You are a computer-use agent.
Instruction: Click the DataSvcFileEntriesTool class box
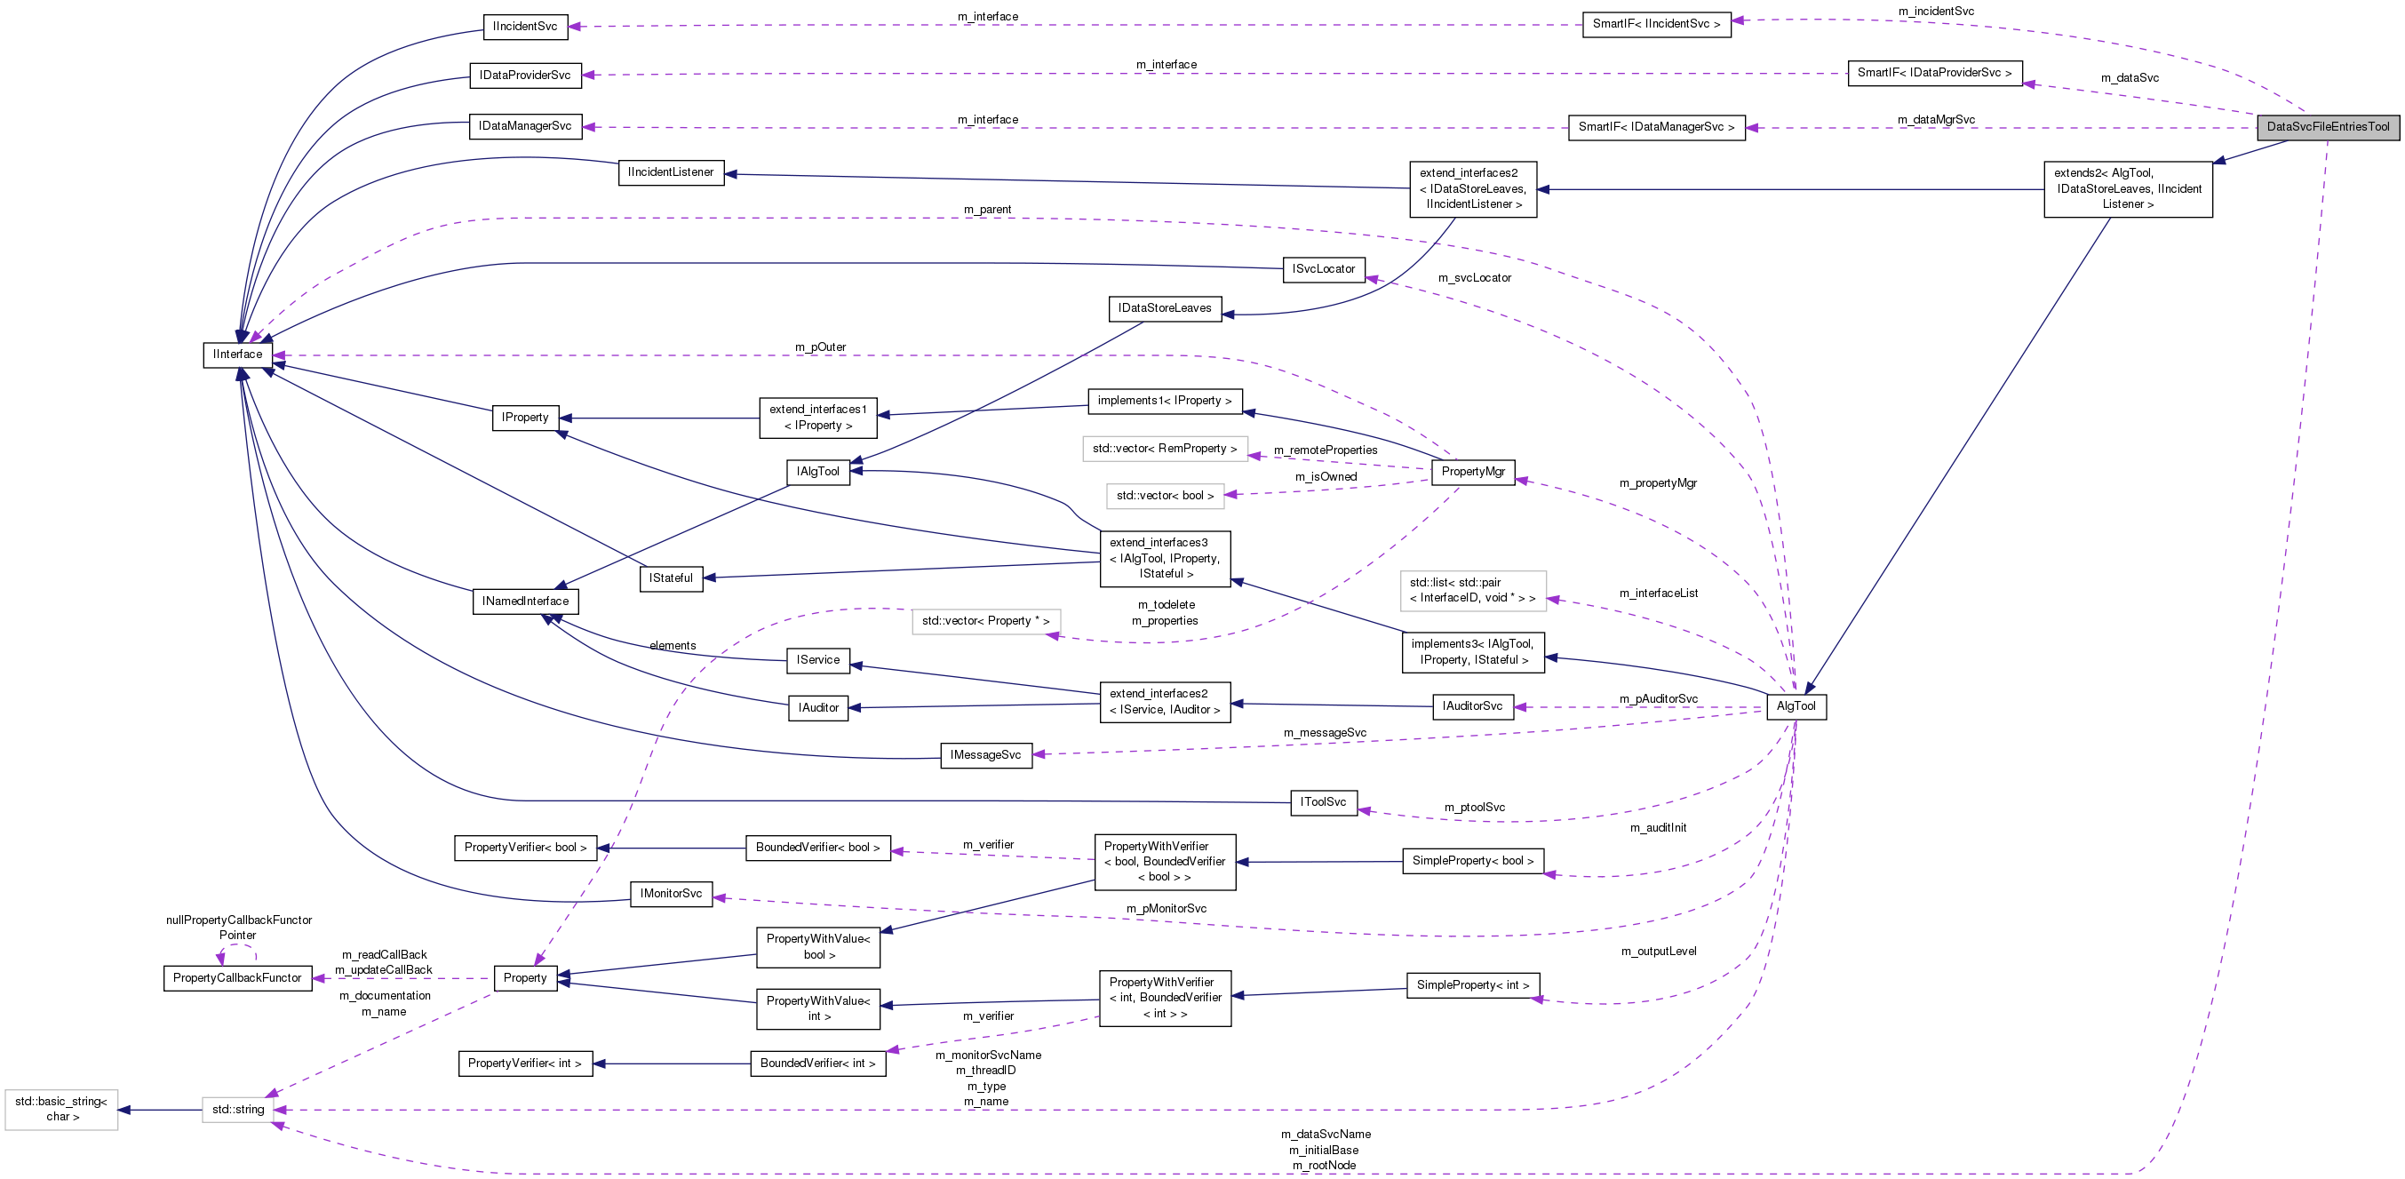[2328, 127]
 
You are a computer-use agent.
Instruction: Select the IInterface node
[237, 354]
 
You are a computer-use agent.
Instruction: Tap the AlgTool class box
[1796, 706]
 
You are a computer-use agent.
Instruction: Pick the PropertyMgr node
[1472, 472]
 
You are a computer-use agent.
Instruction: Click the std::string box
[238, 1110]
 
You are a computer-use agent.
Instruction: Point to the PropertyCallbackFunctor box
[237, 978]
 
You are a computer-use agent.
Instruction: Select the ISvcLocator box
[1323, 270]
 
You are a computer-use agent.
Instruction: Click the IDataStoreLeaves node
[1164, 308]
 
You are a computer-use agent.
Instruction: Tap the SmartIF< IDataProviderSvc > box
[1934, 73]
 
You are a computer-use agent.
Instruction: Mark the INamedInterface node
[525, 601]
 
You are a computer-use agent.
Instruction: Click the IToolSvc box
[1323, 802]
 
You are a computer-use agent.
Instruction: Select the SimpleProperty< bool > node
[1472, 861]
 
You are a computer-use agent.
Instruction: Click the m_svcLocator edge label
[1474, 278]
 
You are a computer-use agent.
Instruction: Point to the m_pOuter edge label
[820, 347]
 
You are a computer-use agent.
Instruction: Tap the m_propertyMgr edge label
[1657, 483]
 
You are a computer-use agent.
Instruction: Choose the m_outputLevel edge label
[1658, 952]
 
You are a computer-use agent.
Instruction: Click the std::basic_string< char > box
[60, 1109]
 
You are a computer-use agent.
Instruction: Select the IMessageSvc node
[985, 755]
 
